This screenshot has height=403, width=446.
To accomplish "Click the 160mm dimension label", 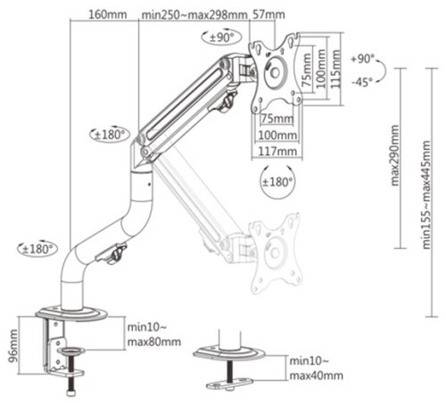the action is click(x=108, y=14).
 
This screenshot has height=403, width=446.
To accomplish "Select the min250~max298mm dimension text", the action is click(x=194, y=14).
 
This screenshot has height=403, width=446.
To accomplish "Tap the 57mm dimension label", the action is click(x=268, y=14).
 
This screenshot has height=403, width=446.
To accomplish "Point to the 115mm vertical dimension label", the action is click(x=335, y=69).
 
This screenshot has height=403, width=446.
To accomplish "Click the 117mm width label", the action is click(x=277, y=152).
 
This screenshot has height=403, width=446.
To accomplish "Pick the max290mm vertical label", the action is click(x=394, y=155).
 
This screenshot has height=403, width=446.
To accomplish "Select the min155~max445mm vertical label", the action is click(x=426, y=194).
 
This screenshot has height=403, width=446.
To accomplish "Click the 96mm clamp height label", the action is click(x=13, y=346).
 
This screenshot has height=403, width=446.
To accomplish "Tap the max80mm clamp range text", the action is click(x=154, y=341).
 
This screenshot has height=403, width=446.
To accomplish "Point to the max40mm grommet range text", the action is click(x=317, y=375).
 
